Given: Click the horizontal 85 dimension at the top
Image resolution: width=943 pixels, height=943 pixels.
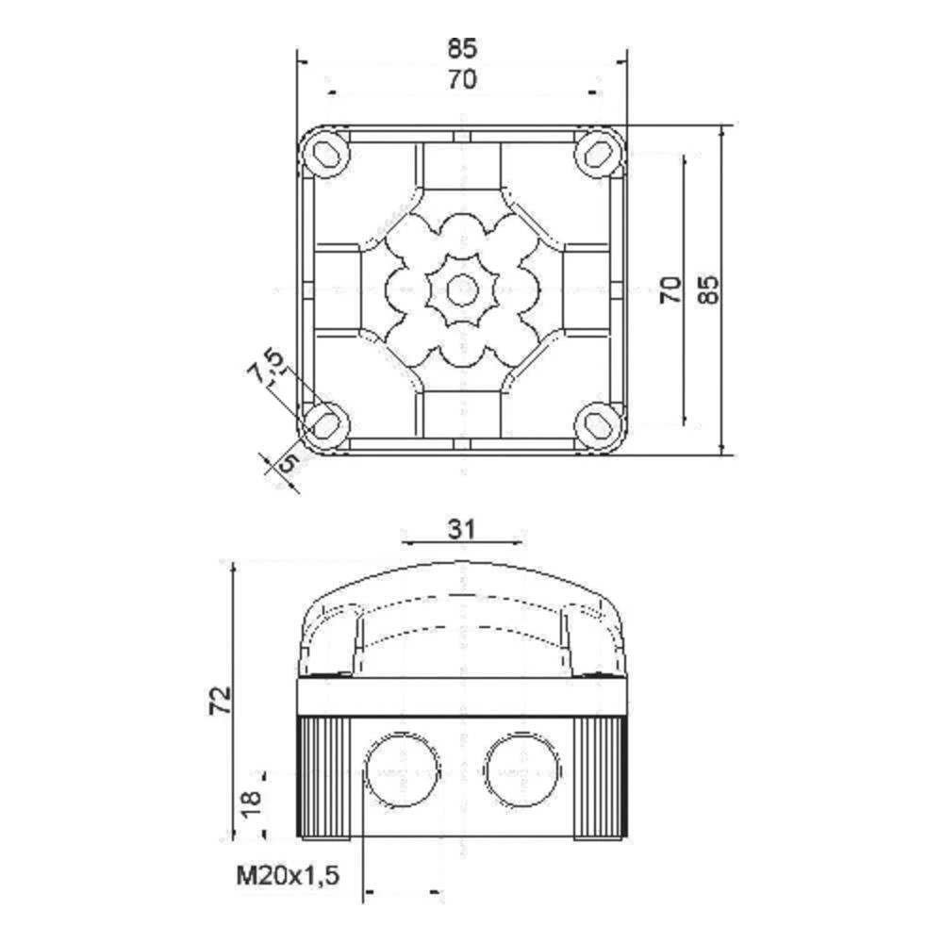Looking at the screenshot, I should tap(462, 47).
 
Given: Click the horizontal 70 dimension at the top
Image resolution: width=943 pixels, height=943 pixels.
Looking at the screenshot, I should tap(462, 80).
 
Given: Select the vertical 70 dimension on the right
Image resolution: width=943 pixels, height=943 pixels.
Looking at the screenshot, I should tap(670, 289).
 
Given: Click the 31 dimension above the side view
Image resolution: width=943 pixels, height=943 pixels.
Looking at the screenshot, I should tap(460, 529).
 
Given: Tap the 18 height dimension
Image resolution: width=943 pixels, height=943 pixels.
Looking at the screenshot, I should tap(250, 803).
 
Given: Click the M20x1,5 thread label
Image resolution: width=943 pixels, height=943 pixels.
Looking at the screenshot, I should tap(288, 877).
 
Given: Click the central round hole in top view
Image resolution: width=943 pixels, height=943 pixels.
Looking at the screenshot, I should tap(461, 289).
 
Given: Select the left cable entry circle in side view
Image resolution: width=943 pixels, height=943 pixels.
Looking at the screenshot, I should tap(401, 769).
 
